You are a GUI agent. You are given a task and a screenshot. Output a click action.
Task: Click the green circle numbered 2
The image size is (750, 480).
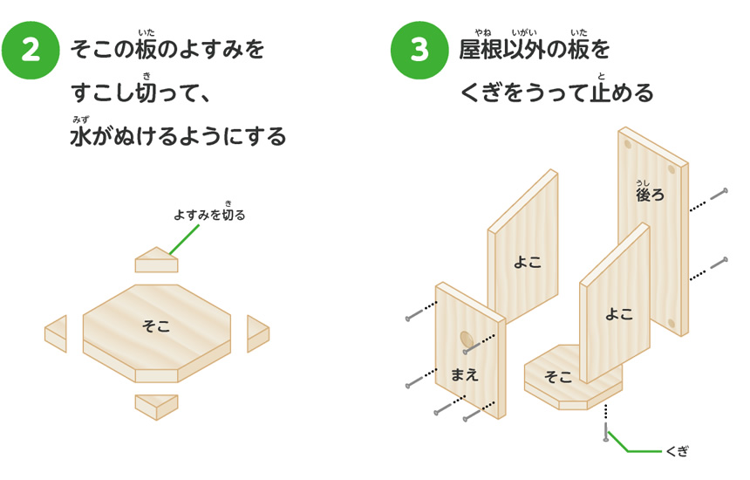click(31, 51)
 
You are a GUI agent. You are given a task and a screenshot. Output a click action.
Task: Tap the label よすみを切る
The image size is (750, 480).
click(209, 214)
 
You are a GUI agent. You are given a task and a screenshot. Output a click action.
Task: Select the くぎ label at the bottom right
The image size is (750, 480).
click(677, 451)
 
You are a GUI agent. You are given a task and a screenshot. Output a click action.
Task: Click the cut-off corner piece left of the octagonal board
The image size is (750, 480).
click(56, 334)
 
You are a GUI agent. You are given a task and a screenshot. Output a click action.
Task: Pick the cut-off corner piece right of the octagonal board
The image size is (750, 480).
click(257, 333)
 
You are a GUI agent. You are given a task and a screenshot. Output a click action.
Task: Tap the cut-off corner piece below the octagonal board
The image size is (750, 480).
click(157, 406)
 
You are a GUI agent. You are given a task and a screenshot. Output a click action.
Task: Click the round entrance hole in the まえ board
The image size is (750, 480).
click(467, 339)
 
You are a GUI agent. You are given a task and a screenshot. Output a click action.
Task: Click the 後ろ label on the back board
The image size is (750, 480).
click(650, 194)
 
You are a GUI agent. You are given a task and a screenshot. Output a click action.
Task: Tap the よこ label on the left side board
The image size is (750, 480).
click(527, 261)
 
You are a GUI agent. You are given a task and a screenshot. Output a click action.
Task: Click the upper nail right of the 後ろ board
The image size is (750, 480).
click(719, 194)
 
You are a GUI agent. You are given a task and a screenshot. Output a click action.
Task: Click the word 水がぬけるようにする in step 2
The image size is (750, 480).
click(178, 137)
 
